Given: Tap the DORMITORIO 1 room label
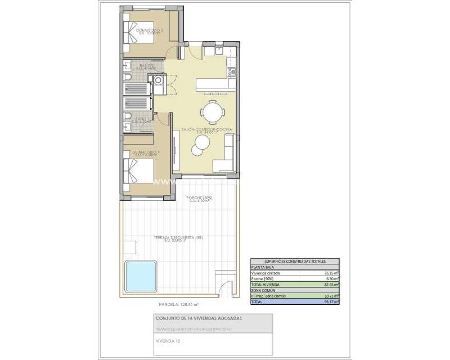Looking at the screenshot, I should point(145,153).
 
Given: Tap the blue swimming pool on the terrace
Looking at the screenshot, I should point(141,275).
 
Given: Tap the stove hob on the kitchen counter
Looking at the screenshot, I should point(231,71).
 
